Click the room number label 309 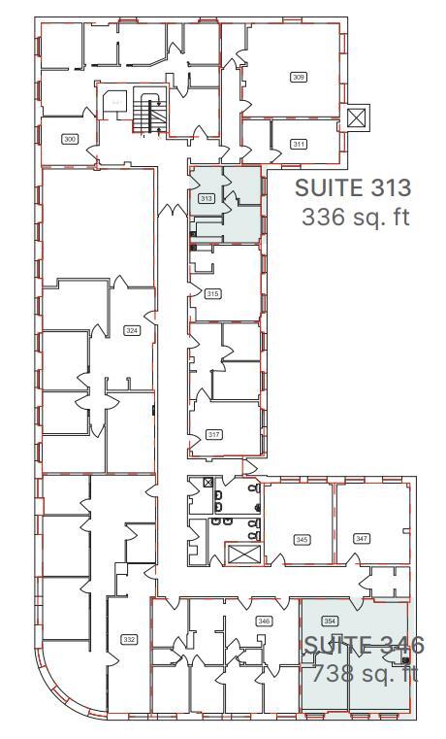tap(299, 76)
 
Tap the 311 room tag tap(299, 145)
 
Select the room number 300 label tap(69, 139)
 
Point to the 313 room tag tap(206, 198)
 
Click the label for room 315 tap(213, 293)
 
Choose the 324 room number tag tap(133, 331)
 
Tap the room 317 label tap(214, 434)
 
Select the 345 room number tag tap(302, 538)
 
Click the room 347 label tap(362, 538)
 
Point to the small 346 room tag tap(263, 620)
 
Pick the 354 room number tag tap(330, 620)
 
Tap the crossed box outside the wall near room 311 tap(356, 118)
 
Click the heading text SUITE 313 tap(353, 187)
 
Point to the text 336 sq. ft tap(356, 217)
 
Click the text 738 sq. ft tap(364, 672)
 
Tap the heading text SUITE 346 tap(364, 645)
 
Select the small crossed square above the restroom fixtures tap(207, 483)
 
